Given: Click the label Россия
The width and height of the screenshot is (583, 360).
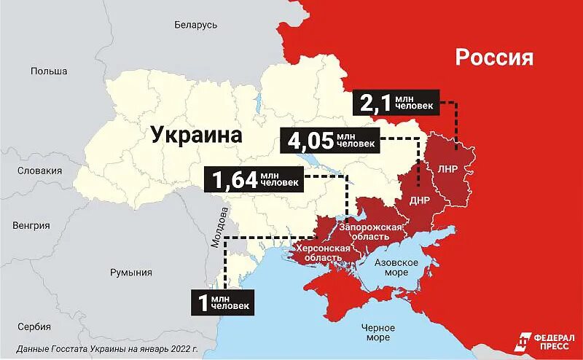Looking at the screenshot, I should (494, 58).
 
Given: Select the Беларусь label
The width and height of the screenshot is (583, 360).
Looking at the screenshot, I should (196, 25).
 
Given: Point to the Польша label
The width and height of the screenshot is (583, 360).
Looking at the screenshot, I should (49, 71).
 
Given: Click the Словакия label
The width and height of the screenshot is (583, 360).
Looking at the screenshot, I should (40, 171).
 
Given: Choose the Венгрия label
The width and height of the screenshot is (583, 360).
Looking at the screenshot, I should (31, 225).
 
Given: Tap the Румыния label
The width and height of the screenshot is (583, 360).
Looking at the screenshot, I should (131, 273).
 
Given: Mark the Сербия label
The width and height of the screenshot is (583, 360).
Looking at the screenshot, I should (34, 326).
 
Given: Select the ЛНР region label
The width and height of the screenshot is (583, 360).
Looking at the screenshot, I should (447, 168).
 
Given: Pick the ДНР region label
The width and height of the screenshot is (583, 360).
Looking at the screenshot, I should (419, 200).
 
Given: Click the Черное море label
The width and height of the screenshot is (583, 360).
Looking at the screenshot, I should (378, 332).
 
